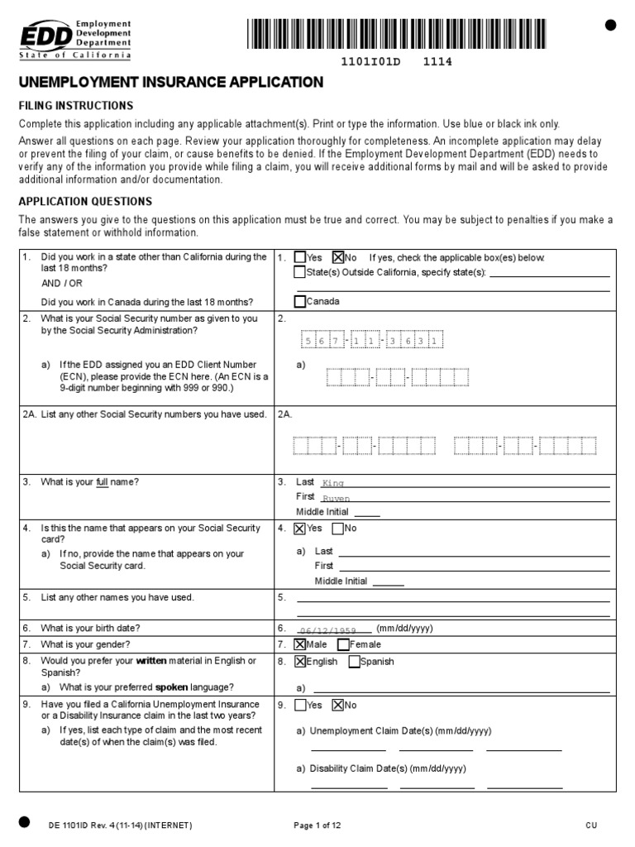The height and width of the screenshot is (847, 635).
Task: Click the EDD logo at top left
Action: tap(74, 38)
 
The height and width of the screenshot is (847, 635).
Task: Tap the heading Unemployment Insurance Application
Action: tap(170, 82)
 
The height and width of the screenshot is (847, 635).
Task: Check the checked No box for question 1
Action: tap(338, 257)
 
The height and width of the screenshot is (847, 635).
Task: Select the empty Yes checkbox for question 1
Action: tap(300, 257)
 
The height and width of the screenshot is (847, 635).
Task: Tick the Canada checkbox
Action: tap(300, 301)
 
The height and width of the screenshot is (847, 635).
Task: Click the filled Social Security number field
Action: tap(373, 341)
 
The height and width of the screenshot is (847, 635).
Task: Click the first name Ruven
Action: tap(336, 499)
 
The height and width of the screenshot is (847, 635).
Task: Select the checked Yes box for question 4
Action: tap(300, 529)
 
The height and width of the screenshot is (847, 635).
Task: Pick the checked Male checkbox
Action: tap(300, 644)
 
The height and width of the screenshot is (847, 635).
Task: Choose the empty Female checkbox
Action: tap(344, 644)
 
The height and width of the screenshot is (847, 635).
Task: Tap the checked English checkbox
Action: tap(300, 662)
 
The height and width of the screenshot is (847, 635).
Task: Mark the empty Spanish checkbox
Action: tap(354, 662)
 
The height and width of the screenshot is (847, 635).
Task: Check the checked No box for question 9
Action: tap(338, 706)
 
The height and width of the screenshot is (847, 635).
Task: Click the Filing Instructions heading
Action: tap(76, 106)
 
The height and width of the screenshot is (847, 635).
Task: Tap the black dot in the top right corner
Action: tap(611, 26)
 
